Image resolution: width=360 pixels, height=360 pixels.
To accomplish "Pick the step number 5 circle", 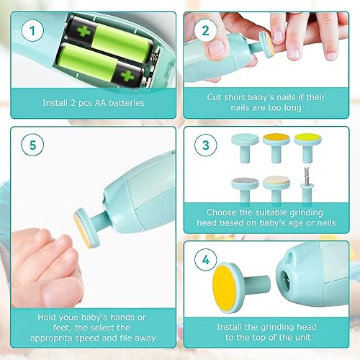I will click(31, 145).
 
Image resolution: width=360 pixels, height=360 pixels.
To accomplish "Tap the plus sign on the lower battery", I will click(129, 74).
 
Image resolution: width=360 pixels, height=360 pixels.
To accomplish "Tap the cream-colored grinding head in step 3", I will click(274, 182).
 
